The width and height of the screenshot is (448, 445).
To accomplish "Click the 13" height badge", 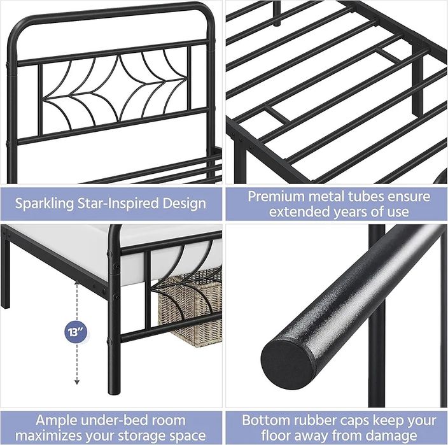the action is click(x=76, y=332).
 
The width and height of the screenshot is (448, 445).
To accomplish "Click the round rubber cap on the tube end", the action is click(x=287, y=364).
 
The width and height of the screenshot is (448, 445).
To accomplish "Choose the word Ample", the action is click(x=56, y=421).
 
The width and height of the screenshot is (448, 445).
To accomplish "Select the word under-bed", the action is click(x=115, y=420).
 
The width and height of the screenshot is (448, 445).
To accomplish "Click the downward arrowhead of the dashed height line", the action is click(x=77, y=382).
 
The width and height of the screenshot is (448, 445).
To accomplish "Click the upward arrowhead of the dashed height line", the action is click(x=77, y=283).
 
